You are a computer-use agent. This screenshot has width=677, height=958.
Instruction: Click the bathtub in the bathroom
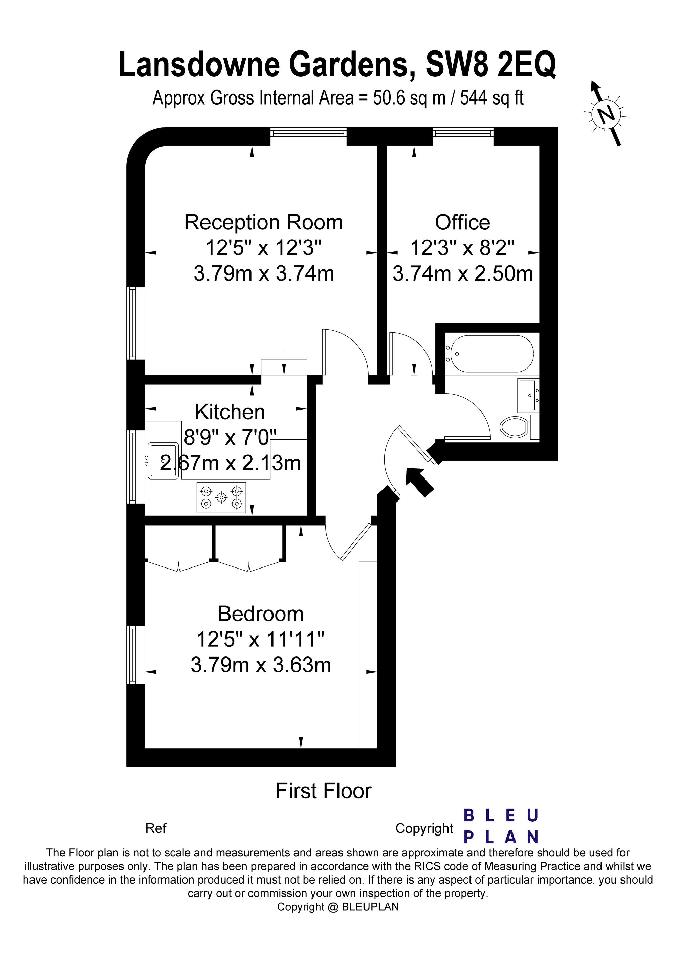click(x=489, y=354)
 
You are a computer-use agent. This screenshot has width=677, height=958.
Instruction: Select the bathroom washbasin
click(x=528, y=395)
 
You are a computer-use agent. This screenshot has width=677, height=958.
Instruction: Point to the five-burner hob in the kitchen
click(x=221, y=497)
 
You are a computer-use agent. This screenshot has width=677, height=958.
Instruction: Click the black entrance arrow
click(x=420, y=482)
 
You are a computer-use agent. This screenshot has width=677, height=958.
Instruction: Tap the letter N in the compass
click(x=607, y=113)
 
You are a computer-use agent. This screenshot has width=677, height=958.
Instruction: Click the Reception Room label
click(x=263, y=222)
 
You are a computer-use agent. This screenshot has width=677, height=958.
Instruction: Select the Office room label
click(x=462, y=222)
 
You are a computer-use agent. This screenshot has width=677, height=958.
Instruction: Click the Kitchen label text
click(x=230, y=412)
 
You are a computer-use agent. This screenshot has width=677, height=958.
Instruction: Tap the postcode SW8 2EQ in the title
click(x=490, y=65)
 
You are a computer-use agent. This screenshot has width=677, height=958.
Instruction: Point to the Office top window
click(x=463, y=134)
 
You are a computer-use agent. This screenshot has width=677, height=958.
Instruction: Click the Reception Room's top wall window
click(x=308, y=134)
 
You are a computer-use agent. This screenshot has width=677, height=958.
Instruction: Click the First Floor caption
click(x=324, y=791)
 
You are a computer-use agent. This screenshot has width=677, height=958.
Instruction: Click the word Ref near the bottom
click(x=156, y=828)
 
